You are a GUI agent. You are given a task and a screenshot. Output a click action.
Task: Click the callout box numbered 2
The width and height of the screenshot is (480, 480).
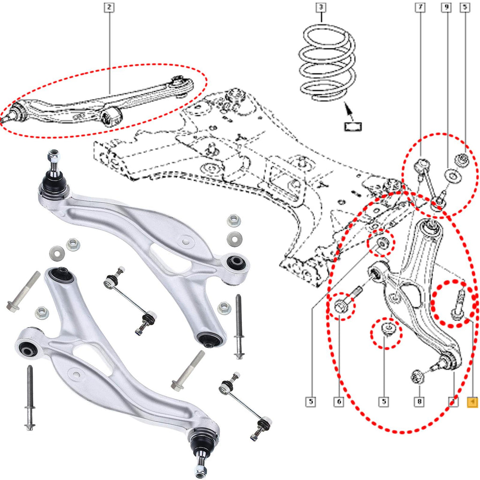(109, 7)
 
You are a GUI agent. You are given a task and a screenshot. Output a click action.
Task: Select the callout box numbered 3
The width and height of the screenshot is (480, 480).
(321, 7)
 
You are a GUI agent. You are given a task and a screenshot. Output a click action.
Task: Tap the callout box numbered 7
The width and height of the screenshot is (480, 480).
(420, 7)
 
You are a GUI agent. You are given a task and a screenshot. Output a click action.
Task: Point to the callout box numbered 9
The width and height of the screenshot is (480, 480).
(447, 7)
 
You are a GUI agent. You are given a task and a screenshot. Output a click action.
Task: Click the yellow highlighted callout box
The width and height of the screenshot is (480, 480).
(472, 402)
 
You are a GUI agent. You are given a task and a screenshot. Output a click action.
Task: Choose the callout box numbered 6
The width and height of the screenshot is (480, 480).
(338, 402)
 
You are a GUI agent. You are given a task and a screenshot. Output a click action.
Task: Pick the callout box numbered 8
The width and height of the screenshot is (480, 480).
(420, 402)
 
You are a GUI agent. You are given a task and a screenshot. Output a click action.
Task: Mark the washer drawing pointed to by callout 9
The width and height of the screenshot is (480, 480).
(452, 177)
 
